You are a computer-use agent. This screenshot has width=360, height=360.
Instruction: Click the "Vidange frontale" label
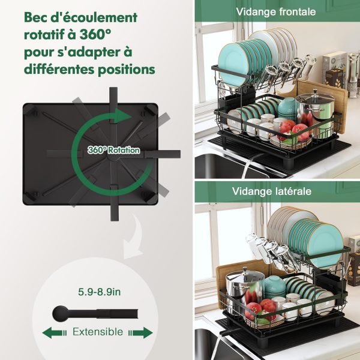pyautogui.click(x=276, y=12)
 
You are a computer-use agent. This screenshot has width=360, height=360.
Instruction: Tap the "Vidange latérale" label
pyautogui.click(x=272, y=191)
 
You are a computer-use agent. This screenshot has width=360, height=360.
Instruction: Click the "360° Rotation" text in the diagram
pyautogui.click(x=113, y=150)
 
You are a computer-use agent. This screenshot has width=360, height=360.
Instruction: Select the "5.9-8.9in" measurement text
pyautogui.click(x=99, y=292)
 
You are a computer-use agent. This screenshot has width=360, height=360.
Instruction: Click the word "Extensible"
pyautogui.click(x=98, y=332)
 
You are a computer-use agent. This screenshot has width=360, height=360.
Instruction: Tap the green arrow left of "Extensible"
pyautogui.click(x=55, y=332)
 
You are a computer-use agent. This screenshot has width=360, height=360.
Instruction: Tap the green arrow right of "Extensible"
pyautogui.click(x=141, y=332)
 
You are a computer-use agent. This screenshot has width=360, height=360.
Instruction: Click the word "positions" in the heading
pyautogui.click(x=126, y=70)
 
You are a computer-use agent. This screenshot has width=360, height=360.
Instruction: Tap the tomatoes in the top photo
pyautogui.click(x=294, y=130)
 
